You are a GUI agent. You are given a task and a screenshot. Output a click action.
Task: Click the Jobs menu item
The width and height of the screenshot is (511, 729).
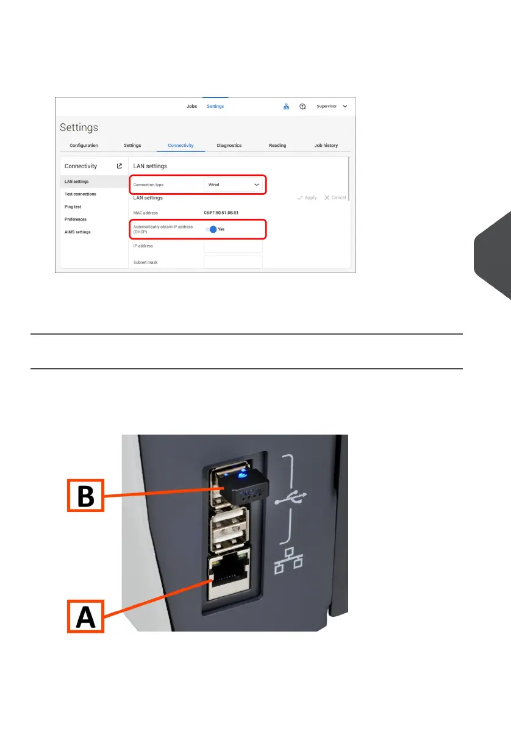tap(191, 106)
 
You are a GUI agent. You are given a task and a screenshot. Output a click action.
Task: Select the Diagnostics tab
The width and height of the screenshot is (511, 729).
tap(229, 146)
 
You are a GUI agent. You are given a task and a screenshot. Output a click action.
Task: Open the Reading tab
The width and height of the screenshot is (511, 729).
tap(277, 146)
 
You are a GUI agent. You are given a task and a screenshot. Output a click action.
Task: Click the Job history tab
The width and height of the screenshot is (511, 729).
tap(326, 146)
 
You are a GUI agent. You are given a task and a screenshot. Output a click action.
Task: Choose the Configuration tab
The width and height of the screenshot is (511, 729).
tap(84, 146)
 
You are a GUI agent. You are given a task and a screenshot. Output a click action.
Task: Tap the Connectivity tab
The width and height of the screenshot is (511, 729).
tap(180, 146)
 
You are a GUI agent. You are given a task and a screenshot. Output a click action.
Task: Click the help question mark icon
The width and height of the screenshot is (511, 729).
tap(302, 106)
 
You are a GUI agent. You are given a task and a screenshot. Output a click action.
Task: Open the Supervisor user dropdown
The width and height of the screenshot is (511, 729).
tap(332, 106)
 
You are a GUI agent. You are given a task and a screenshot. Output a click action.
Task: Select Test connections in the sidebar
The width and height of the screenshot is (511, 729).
tap(80, 194)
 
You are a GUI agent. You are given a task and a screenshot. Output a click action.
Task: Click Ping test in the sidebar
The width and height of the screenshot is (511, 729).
tap(73, 207)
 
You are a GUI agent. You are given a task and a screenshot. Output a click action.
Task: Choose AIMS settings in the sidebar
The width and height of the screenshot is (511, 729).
tap(77, 232)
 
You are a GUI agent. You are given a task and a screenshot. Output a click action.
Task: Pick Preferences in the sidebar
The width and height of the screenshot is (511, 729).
tap(76, 219)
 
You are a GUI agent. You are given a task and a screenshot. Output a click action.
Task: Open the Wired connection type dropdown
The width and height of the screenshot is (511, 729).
tap(234, 184)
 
